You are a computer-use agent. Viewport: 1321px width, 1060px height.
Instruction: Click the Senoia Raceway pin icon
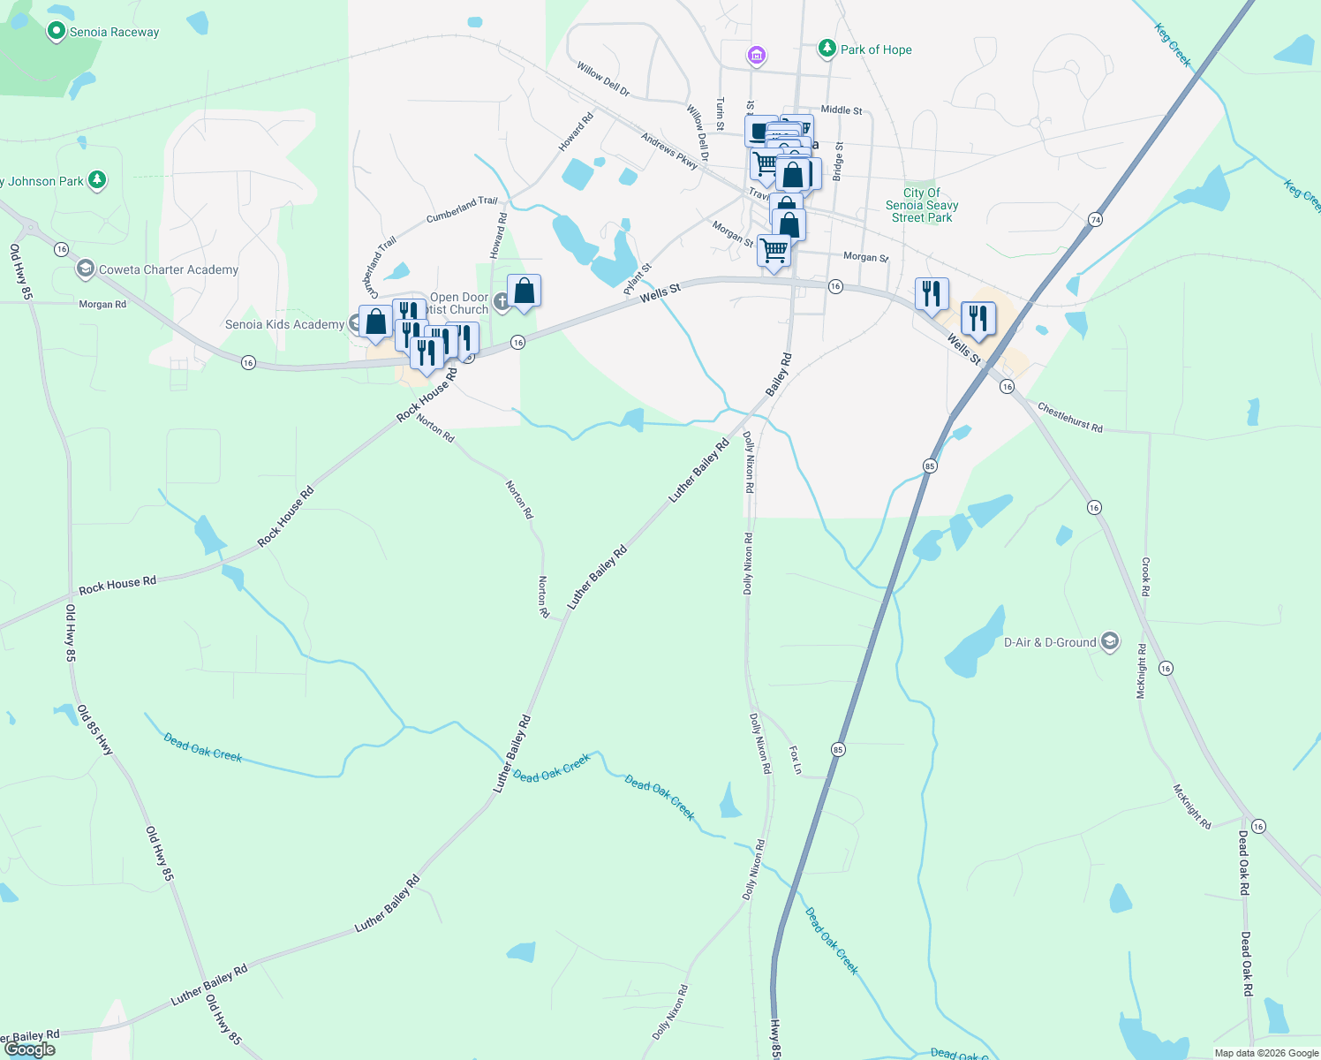(57, 32)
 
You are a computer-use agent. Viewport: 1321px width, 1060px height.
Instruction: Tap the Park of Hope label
(876, 49)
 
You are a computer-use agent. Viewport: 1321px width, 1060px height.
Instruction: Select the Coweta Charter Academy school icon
(86, 269)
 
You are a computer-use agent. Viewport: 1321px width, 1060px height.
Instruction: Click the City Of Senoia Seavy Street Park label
(922, 205)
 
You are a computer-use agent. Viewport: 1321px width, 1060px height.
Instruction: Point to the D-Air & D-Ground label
(1050, 642)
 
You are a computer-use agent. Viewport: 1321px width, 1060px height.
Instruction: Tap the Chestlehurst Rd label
(1069, 417)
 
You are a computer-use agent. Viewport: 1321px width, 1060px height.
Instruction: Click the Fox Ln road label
(795, 760)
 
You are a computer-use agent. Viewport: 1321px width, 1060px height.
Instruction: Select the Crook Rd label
(1145, 576)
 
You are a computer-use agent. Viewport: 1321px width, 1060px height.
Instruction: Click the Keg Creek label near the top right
(1173, 45)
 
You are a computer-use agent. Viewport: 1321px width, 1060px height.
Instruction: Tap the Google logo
(30, 1049)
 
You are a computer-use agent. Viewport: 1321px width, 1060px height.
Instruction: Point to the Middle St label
(842, 110)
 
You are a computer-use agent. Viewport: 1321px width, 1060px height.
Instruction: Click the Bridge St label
(839, 162)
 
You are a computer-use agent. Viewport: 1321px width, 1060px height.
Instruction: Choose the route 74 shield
(1095, 219)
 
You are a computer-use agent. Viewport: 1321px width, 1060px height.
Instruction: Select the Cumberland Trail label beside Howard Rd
(462, 209)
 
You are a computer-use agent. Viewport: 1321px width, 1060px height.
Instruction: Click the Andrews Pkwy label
(669, 151)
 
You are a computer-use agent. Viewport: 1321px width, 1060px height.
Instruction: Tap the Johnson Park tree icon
(97, 180)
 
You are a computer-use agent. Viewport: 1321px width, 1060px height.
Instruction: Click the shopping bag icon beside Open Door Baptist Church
(524, 291)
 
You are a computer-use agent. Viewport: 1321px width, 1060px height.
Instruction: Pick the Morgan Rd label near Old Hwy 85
(102, 305)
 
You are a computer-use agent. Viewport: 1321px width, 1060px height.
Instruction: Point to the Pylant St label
(638, 279)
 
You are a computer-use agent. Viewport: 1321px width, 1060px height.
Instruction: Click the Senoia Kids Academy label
(284, 324)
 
